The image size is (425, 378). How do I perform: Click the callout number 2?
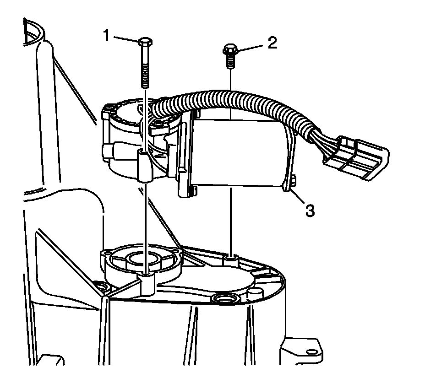[272, 43]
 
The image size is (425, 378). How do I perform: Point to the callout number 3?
[310, 211]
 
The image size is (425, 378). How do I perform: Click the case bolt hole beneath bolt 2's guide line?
[230, 260]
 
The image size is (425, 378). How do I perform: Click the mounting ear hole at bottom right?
[312, 352]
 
